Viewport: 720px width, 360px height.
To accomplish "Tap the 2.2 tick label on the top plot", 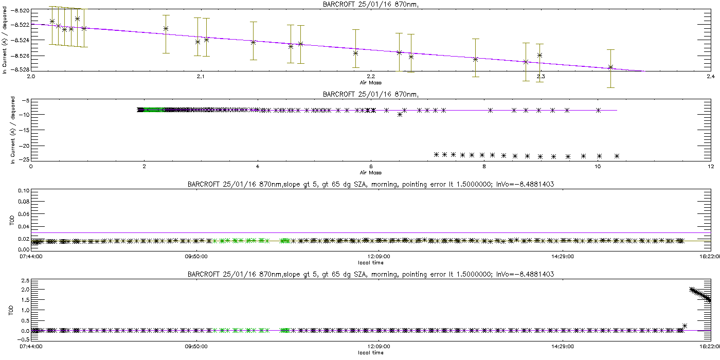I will pos(371,77).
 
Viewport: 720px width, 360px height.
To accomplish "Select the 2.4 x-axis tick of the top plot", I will pos(710,77).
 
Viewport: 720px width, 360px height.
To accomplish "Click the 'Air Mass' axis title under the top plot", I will pos(371,82).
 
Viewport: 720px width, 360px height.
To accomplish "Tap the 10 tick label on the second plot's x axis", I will pos(598,166).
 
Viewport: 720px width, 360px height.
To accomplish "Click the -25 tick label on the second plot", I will pos(23,159).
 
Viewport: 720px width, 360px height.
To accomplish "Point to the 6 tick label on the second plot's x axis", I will pos(371,166).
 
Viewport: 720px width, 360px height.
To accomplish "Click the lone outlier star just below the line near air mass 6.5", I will pos(400,114).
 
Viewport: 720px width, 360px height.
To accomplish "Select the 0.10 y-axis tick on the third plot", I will pos(23,190).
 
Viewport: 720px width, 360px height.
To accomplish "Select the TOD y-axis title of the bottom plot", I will pos(12,311).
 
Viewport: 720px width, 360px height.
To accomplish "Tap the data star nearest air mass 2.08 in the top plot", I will pos(166,28).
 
